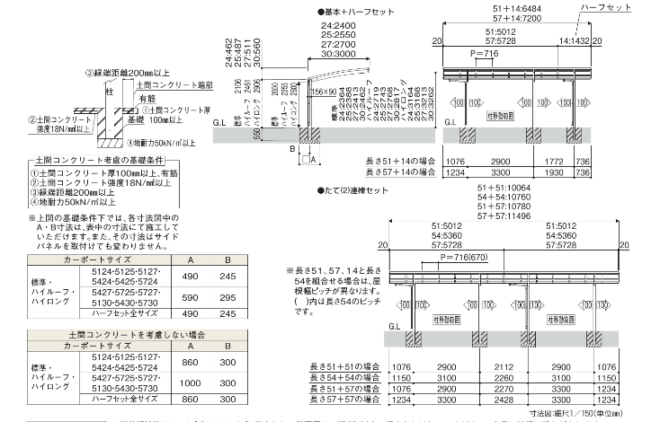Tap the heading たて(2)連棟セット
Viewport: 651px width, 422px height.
(359, 190)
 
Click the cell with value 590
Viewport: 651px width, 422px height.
(190, 296)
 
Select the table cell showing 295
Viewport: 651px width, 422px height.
(228, 296)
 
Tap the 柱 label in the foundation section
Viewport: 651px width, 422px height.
(108, 91)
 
